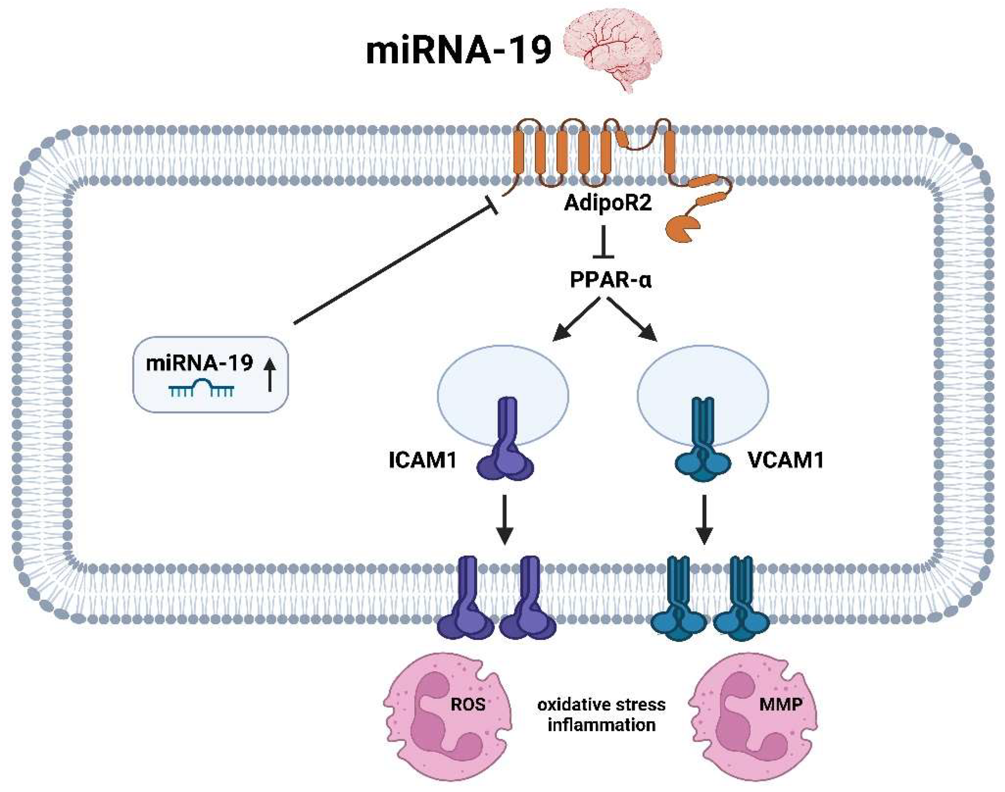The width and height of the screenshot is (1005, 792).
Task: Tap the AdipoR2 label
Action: point(608,203)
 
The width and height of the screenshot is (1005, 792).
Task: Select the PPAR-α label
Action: point(610,280)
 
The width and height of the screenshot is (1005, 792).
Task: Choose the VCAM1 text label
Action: point(786,460)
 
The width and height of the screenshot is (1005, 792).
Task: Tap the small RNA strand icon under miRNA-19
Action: point(201,388)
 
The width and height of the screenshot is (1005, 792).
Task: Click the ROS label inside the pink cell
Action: point(468,705)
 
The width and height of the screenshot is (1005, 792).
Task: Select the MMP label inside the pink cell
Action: point(781,705)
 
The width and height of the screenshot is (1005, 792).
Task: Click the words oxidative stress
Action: point(601,705)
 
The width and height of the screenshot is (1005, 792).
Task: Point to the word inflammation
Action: point(601,725)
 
